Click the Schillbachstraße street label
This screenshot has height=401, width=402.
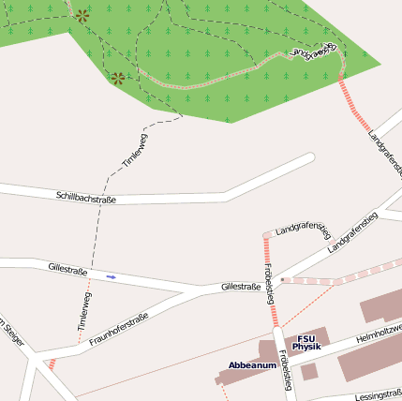click(86, 197)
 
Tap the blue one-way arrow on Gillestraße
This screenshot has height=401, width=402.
click(112, 276)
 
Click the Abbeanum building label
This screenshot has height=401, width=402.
click(252, 364)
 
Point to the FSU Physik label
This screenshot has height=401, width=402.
click(306, 343)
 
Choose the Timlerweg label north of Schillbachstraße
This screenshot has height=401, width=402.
click(136, 151)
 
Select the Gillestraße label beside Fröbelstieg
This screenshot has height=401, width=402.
click(240, 287)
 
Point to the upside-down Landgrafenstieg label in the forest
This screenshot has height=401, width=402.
click(312, 52)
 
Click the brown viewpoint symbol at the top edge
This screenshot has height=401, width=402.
click(83, 16)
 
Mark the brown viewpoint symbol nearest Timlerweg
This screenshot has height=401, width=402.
click(118, 79)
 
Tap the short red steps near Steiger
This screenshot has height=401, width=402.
click(52, 364)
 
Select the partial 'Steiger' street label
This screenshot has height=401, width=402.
click(10, 330)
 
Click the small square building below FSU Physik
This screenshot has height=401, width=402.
click(309, 371)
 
